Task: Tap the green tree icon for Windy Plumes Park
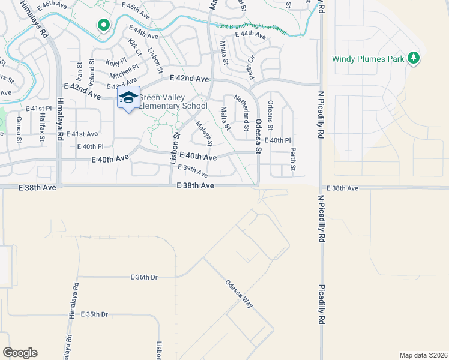[413, 58]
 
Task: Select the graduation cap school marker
[128, 98]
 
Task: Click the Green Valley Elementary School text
[173, 102]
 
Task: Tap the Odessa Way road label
[239, 293]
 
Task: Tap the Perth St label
[293, 155]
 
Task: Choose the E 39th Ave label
[193, 171]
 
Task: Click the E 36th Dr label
[144, 277]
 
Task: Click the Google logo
[20, 353]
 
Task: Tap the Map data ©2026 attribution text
[423, 355]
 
